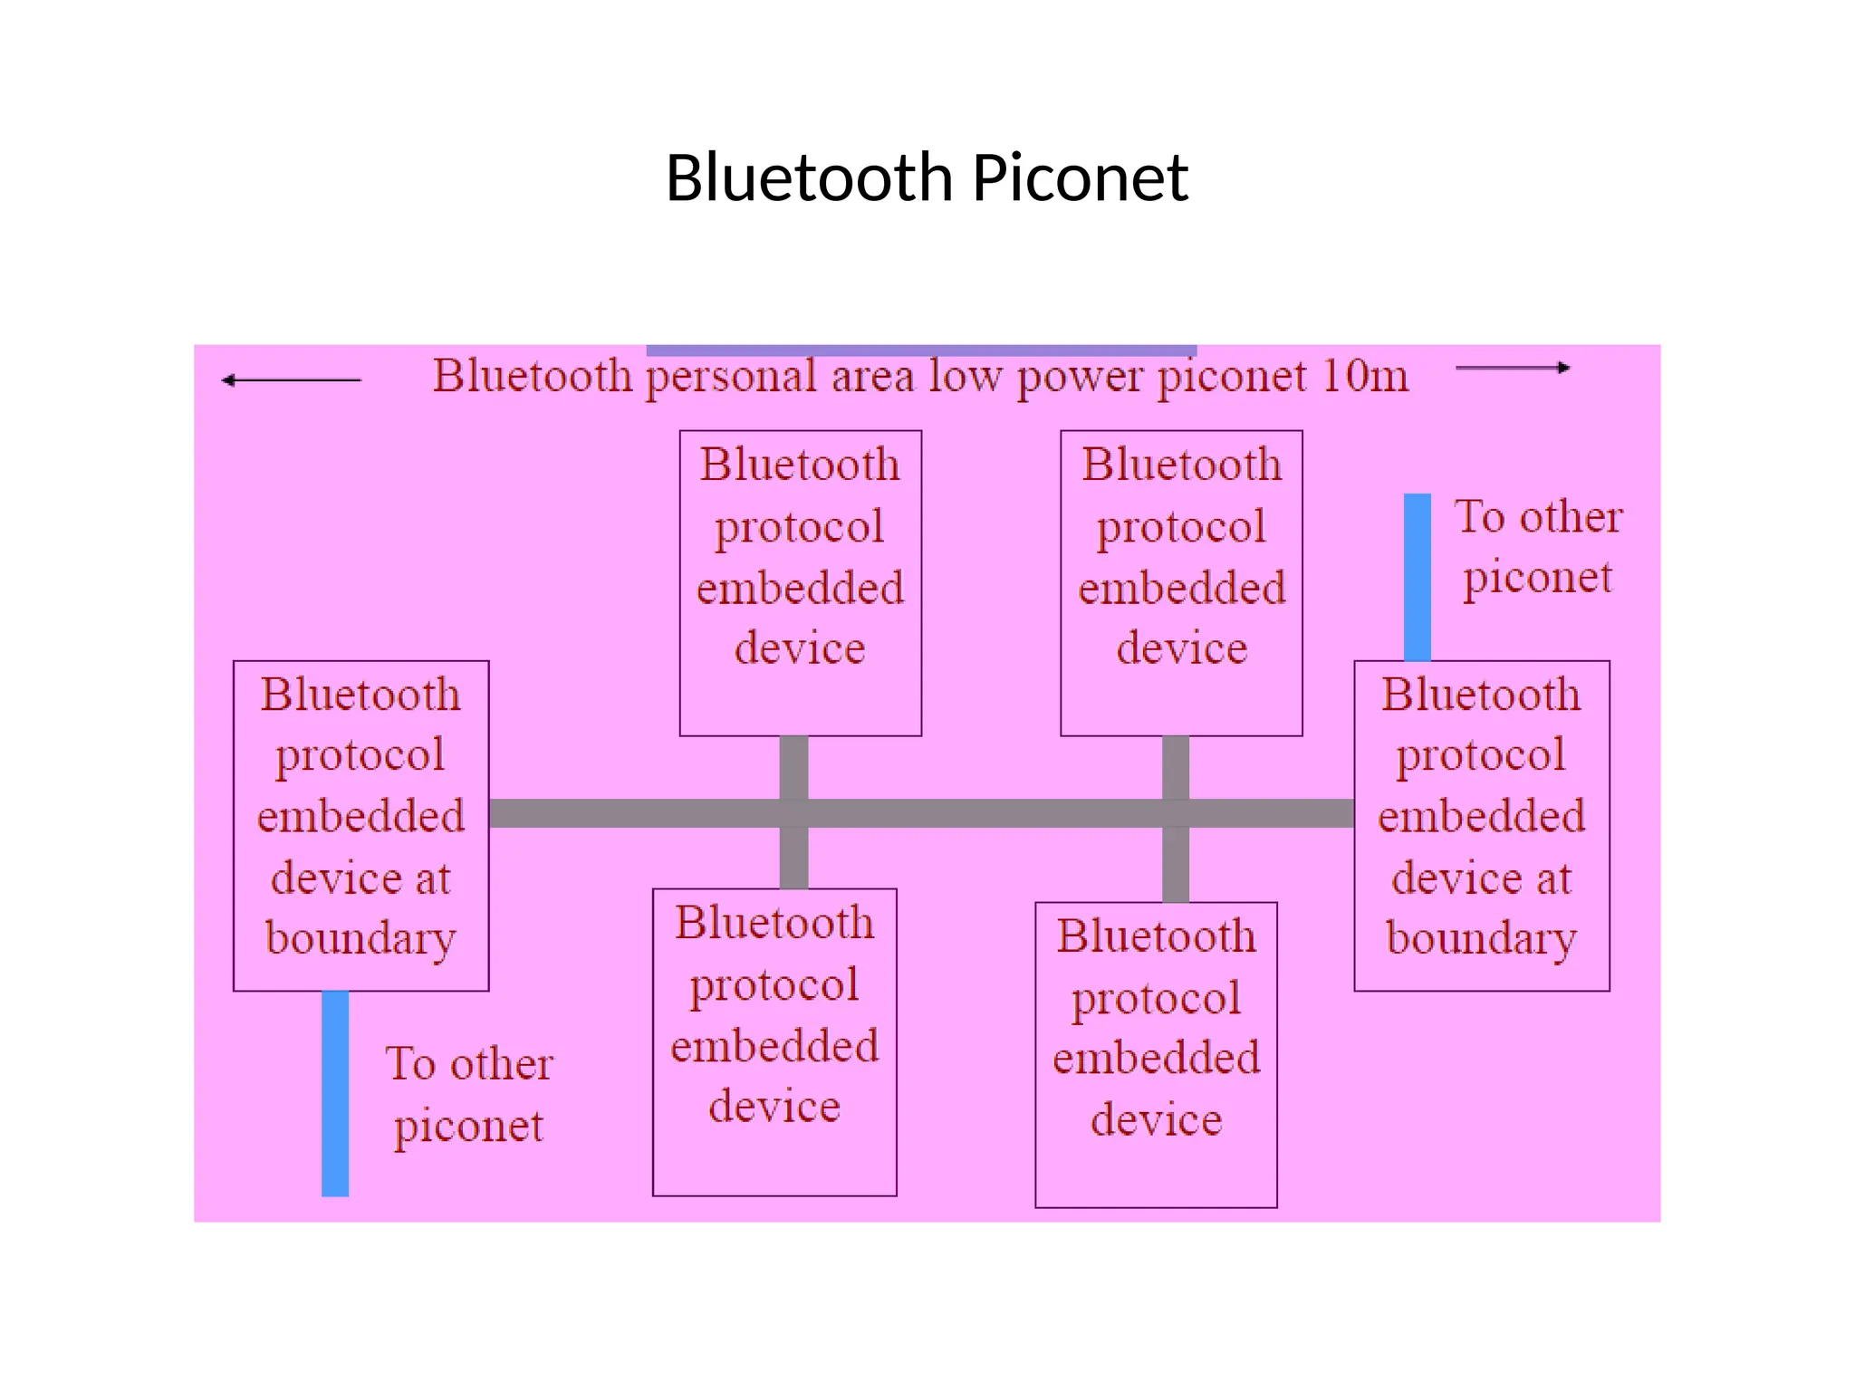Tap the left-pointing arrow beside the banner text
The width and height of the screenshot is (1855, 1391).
pyautogui.click(x=291, y=380)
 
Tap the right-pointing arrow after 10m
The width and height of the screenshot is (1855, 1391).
pyautogui.click(x=1513, y=368)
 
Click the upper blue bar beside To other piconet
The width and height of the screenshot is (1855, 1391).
pyautogui.click(x=1417, y=577)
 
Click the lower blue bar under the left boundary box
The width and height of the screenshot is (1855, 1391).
pyautogui.click(x=335, y=1093)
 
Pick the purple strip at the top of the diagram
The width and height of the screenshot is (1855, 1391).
pyautogui.click(x=921, y=350)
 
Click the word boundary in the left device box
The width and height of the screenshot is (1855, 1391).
pyautogui.click(x=360, y=939)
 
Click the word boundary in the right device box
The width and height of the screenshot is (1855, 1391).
pyautogui.click(x=1481, y=939)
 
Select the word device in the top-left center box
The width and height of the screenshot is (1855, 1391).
pyautogui.click(x=800, y=649)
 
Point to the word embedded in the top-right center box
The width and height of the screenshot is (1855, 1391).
pyautogui.click(x=1181, y=589)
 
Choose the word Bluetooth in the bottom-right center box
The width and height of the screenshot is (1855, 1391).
pyautogui.click(x=1156, y=936)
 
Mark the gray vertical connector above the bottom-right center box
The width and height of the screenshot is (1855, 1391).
pyautogui.click(x=1175, y=865)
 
